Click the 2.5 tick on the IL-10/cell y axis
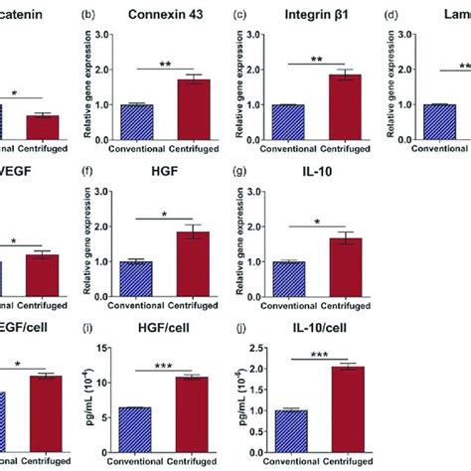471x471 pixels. [x=257, y=348]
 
